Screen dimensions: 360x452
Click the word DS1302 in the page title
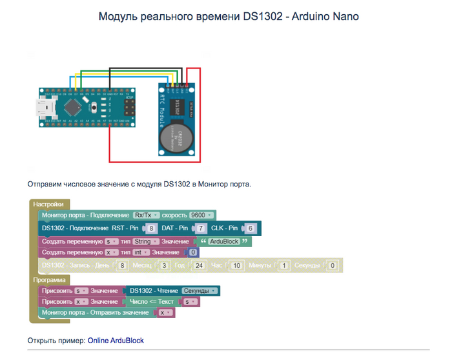262,16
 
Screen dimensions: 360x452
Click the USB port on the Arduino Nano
44,107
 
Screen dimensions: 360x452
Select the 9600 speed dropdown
202,215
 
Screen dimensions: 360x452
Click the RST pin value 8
151,228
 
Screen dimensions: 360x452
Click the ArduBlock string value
224,241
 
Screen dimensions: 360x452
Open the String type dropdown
136,241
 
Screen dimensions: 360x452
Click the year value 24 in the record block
200,266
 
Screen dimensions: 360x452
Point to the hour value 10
236,266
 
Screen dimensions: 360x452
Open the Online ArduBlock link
116,340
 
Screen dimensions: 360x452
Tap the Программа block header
50,281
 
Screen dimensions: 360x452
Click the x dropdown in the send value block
166,313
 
